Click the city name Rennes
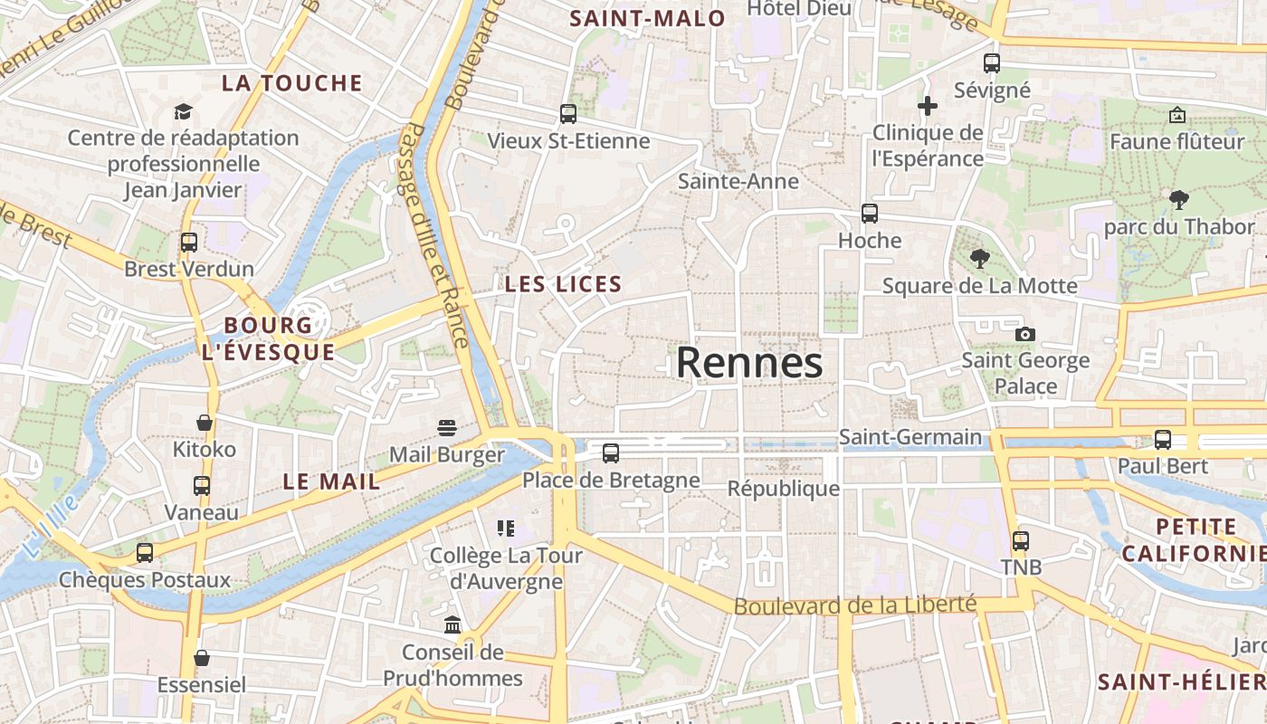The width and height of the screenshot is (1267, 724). point(749,363)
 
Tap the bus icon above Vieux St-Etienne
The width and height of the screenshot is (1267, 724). point(568,114)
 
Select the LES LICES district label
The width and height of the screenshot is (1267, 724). point(563,284)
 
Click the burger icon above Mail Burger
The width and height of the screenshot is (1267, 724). point(447,427)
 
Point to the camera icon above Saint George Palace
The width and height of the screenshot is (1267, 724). point(1024,334)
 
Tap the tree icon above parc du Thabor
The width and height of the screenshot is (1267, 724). point(1178,199)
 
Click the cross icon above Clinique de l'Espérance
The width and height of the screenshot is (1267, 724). point(928,107)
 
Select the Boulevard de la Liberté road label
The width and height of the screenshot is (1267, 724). point(855,605)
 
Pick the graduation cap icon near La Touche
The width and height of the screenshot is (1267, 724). point(184,111)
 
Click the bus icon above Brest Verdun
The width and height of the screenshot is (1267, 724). point(188,243)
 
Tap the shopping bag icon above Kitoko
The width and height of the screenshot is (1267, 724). point(205,423)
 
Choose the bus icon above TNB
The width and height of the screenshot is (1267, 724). point(1021,541)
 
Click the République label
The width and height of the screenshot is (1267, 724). point(784,489)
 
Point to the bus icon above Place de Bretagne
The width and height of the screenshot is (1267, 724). point(611,453)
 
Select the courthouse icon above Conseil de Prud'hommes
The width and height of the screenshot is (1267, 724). point(452,624)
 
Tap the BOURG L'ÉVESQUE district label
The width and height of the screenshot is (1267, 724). point(268,338)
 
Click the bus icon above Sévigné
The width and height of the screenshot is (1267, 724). point(992,63)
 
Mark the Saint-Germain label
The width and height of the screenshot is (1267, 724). point(910,437)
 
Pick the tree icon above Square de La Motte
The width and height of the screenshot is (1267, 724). point(979,259)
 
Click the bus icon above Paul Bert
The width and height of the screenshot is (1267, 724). point(1163,440)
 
